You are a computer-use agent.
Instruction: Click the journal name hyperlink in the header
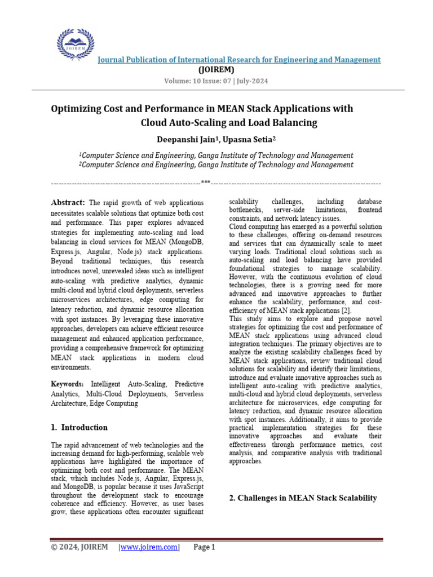[x=240, y=60]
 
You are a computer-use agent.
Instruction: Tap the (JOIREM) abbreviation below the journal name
[x=216, y=70]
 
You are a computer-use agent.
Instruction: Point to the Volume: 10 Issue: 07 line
[x=216, y=81]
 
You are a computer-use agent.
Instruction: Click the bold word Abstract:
[x=68, y=202]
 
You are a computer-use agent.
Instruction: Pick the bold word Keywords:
[x=68, y=384]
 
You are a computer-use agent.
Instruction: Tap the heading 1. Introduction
[x=79, y=427]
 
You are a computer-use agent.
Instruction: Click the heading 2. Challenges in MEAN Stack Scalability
[x=303, y=498]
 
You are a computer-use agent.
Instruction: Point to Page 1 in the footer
[x=204, y=547]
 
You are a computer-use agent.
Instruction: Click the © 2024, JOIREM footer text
[x=79, y=547]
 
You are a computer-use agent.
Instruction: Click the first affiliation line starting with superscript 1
[x=216, y=155]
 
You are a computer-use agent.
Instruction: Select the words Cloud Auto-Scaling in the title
[x=180, y=122]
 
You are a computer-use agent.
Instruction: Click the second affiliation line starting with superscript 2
[x=216, y=165]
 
